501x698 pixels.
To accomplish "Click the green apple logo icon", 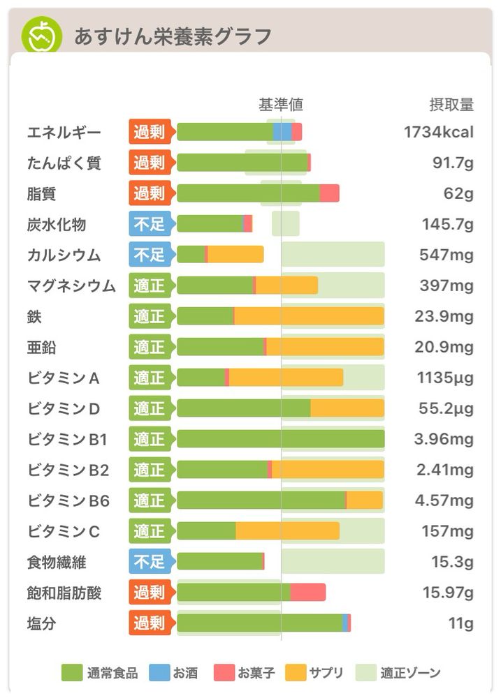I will click(42, 36).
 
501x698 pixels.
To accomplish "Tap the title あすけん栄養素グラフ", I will click(173, 36).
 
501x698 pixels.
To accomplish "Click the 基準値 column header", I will click(281, 105).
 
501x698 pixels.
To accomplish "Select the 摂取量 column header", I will click(451, 105).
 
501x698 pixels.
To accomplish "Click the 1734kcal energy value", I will click(439, 132).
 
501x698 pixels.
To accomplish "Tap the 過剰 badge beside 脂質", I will click(150, 193).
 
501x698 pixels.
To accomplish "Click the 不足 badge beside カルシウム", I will click(150, 255).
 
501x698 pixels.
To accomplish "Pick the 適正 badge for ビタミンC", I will click(150, 531).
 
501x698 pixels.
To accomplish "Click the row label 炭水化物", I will click(57, 224).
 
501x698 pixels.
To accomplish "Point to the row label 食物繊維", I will click(57, 562).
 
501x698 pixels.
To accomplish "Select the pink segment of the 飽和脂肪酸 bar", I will click(307, 593).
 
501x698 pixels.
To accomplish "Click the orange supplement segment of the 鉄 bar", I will click(309, 316).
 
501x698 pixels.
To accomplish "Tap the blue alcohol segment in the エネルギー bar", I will click(282, 132).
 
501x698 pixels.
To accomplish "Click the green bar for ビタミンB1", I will click(280, 439).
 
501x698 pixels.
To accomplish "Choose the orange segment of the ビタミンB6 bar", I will click(364, 500).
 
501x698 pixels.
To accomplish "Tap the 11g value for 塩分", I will click(460, 623).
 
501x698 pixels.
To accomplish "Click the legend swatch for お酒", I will click(159, 673).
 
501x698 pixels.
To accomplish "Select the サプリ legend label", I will click(326, 673).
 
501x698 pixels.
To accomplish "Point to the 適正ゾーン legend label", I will click(411, 673).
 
